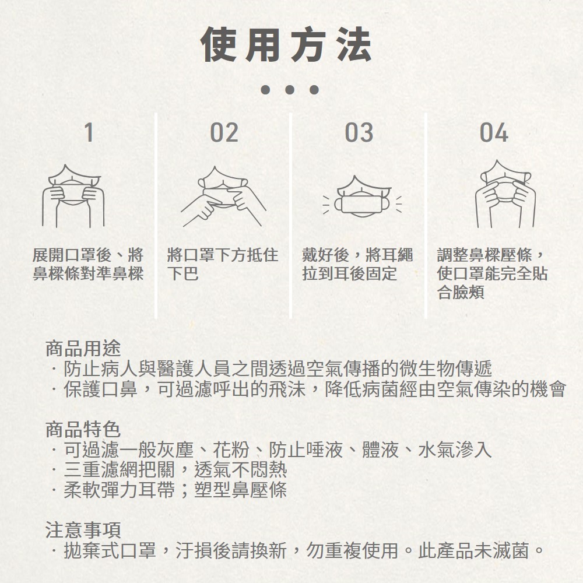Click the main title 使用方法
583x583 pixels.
tap(286, 45)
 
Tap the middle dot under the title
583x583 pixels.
tap(290, 90)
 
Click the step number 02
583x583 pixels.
tap(224, 132)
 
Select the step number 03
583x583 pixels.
tap(359, 132)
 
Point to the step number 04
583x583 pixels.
tap(494, 132)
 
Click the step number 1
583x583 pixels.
tap(89, 132)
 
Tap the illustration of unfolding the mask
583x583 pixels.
tap(73, 196)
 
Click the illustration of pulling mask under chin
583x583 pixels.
tap(223, 196)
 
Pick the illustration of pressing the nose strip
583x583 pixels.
tap(505, 194)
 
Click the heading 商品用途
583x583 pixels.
tap(83, 349)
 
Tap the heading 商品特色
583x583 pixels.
tap(83, 430)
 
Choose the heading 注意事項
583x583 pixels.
tap(83, 530)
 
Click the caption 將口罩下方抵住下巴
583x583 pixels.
tap(222, 264)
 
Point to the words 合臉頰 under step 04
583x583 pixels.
tap(461, 292)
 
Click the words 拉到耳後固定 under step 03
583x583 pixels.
tap(349, 273)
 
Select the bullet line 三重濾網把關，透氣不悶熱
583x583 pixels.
tap(175, 469)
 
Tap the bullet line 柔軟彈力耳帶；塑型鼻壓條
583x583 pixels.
tap(175, 490)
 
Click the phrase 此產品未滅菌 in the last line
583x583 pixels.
tap(473, 551)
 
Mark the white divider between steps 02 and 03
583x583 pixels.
tap(291, 216)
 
